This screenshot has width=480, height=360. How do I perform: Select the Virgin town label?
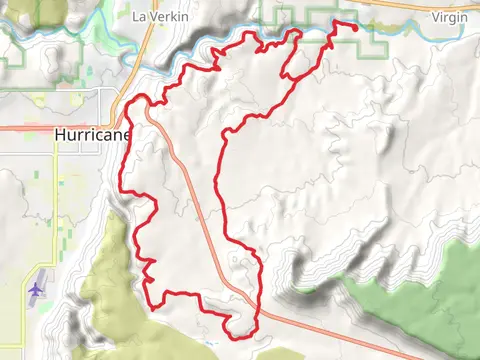coord(448,16)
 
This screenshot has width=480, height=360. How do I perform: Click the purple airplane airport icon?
coord(37,288)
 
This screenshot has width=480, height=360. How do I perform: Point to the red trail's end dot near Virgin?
coord(356,28)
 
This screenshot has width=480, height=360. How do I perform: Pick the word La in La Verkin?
coord(140,16)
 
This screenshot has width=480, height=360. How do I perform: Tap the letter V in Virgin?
coord(435,16)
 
